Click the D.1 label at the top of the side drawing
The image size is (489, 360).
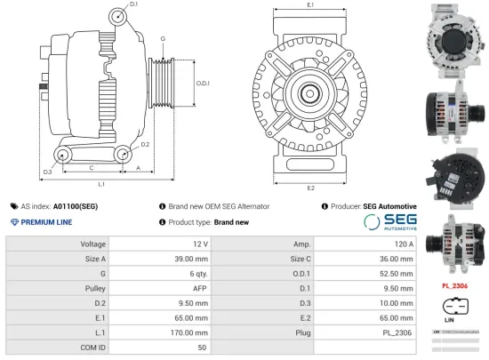point(133,5)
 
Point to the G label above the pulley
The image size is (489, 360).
point(163,39)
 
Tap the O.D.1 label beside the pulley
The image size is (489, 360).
point(202,83)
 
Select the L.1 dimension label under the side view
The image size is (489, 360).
point(101,184)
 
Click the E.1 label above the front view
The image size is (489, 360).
point(310,5)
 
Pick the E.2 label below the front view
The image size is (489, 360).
point(310,188)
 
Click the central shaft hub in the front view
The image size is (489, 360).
point(310,92)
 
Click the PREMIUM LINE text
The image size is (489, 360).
point(47,221)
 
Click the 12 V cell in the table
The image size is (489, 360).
point(199,244)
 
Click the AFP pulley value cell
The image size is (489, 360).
point(199,287)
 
